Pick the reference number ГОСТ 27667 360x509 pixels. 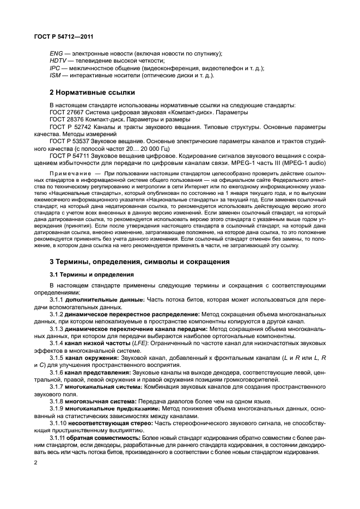click(x=69, y=112)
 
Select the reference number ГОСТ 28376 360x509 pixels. click(x=69, y=119)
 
